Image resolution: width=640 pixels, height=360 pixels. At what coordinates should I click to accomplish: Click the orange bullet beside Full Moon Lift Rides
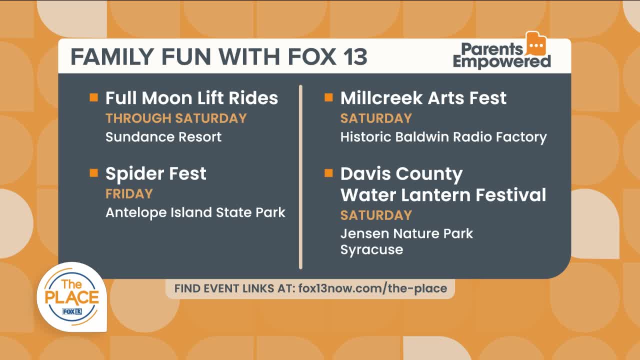point(93,97)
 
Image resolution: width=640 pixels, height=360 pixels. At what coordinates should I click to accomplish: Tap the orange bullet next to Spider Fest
point(93,173)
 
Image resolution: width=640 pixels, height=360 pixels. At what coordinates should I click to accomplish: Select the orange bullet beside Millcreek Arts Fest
point(328,97)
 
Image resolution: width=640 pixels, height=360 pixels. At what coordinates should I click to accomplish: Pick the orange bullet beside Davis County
point(328,173)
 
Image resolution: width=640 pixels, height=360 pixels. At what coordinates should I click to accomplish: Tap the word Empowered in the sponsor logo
point(501,61)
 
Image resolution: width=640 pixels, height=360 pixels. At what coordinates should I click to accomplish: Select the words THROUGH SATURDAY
point(176,118)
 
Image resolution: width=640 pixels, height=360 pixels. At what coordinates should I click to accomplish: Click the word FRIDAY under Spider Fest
point(129,193)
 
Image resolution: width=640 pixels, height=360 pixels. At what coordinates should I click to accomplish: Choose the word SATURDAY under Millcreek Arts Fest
point(376,118)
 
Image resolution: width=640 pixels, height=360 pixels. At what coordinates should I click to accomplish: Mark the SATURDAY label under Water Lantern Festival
point(376,215)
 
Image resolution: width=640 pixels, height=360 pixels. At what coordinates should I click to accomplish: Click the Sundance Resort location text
point(163,137)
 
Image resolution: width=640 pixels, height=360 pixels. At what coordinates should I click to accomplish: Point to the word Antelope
point(136,213)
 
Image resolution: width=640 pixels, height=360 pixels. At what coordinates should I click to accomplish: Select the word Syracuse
point(371,250)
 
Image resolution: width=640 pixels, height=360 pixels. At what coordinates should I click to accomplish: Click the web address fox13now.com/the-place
point(373,288)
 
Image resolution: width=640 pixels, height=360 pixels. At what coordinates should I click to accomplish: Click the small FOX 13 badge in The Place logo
point(72,311)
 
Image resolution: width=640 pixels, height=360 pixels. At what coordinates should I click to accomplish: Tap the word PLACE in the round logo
point(72,297)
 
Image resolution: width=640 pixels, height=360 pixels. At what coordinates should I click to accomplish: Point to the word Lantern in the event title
point(436,195)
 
